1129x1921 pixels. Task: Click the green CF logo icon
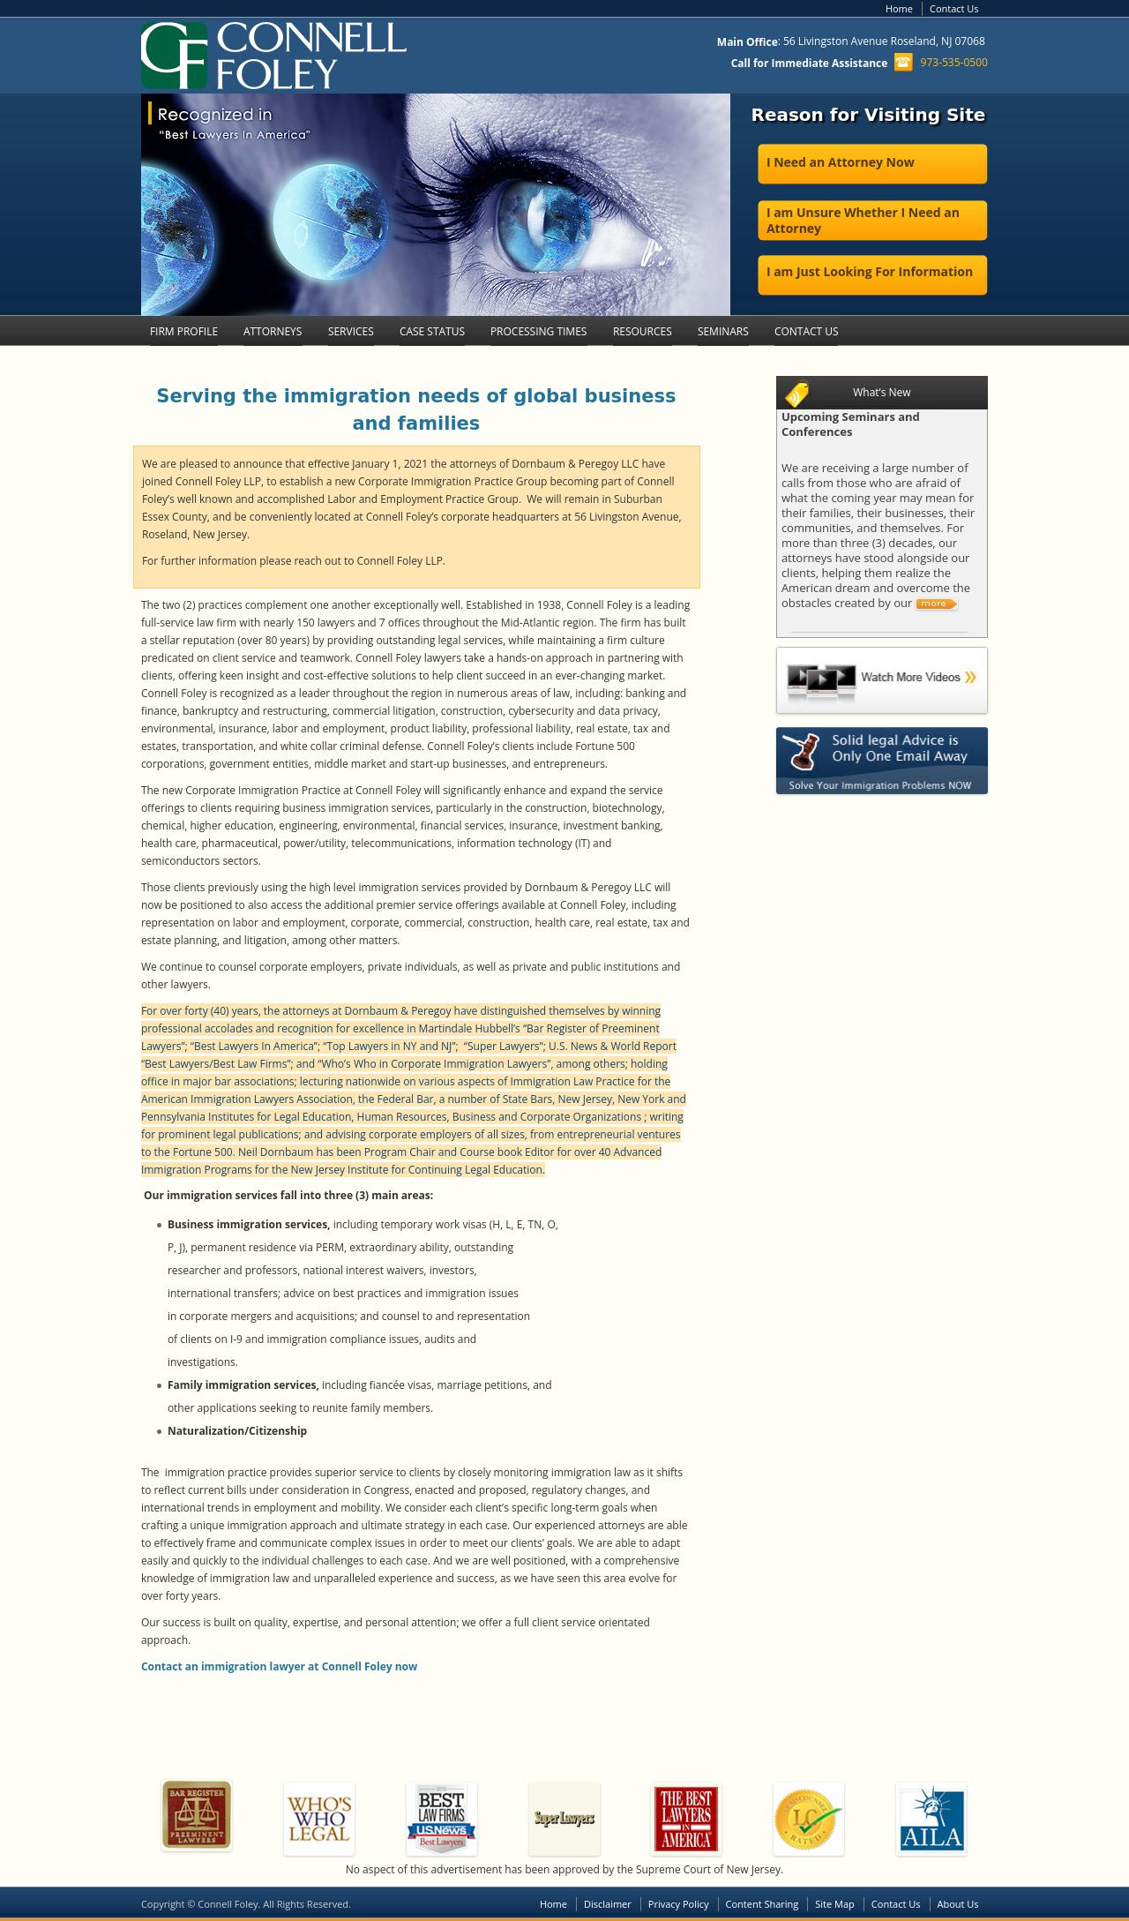point(174,56)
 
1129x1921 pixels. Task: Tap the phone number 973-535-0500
point(953,63)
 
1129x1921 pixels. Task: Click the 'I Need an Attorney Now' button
point(871,163)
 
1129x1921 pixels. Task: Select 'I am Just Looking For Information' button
point(871,274)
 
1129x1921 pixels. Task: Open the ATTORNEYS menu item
point(273,332)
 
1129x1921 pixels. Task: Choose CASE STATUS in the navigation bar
point(432,332)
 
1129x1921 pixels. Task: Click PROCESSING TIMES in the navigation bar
point(538,332)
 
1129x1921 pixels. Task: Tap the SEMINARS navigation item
point(722,332)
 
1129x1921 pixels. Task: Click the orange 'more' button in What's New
point(935,604)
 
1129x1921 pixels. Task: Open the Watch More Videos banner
point(881,679)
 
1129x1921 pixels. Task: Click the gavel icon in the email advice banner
point(803,750)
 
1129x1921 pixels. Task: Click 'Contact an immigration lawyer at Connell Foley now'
point(279,1666)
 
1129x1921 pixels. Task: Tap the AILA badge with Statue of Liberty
point(931,1819)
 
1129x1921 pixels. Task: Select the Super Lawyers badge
point(564,1819)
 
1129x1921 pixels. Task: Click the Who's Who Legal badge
point(319,1819)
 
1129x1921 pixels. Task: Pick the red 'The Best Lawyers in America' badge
point(686,1819)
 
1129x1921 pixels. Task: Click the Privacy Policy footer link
point(678,1904)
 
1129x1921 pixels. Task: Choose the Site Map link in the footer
point(834,1904)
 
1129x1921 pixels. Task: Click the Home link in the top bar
point(899,9)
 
